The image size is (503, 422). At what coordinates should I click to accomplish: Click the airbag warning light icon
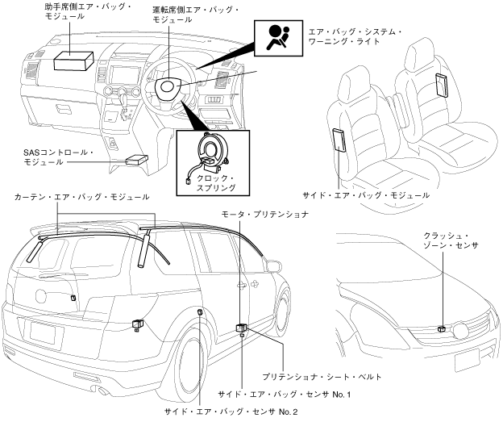pos(277,38)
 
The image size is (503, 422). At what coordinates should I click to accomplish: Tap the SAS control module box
pos(135,159)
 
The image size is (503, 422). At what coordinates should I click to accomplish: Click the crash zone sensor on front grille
pos(443,328)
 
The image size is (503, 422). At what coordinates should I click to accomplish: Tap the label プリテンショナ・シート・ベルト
pos(322,376)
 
